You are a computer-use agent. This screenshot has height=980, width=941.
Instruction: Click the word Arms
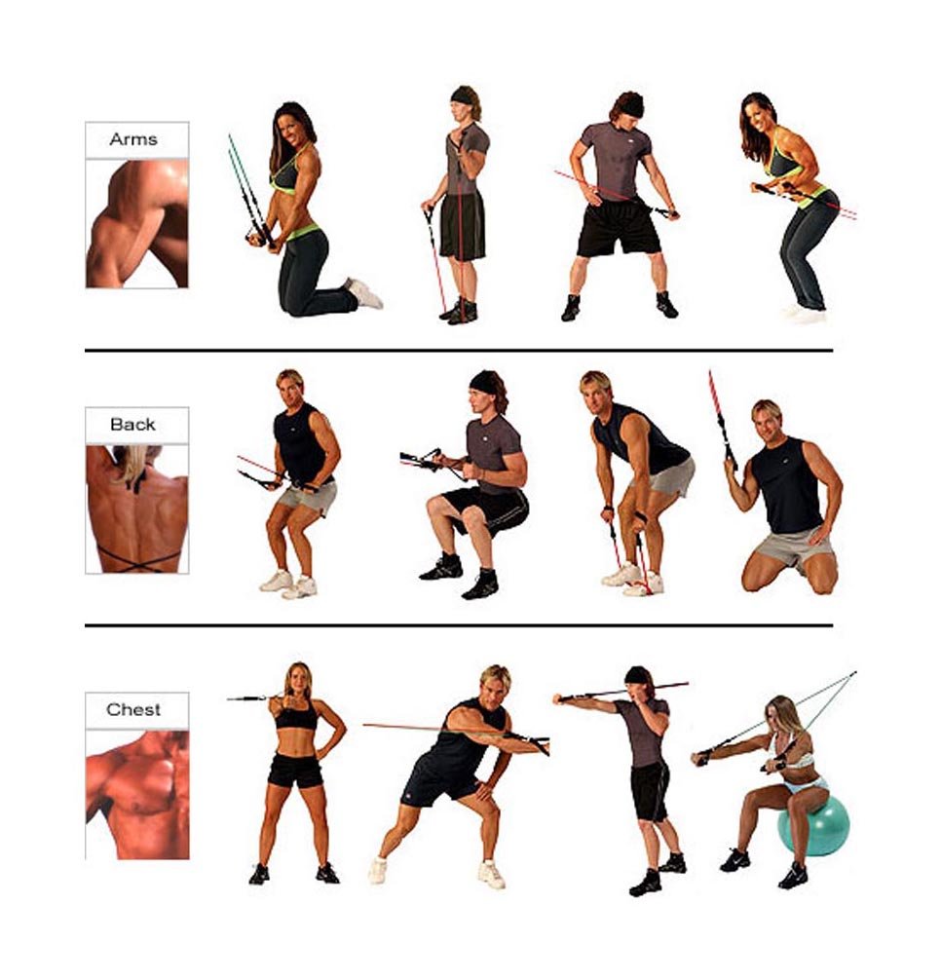pos(133,138)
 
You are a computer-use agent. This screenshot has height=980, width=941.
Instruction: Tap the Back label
pos(132,425)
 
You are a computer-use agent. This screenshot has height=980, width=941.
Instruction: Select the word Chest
pos(133,709)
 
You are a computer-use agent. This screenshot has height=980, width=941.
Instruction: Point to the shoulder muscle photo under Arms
pos(136,223)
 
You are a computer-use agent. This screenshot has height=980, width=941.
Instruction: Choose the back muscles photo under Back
pos(136,509)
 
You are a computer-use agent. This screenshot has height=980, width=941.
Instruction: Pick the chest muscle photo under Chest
pos(136,794)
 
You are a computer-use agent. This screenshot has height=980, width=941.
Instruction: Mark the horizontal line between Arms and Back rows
pos(459,351)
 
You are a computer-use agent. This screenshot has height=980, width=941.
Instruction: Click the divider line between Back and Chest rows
pos(459,625)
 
